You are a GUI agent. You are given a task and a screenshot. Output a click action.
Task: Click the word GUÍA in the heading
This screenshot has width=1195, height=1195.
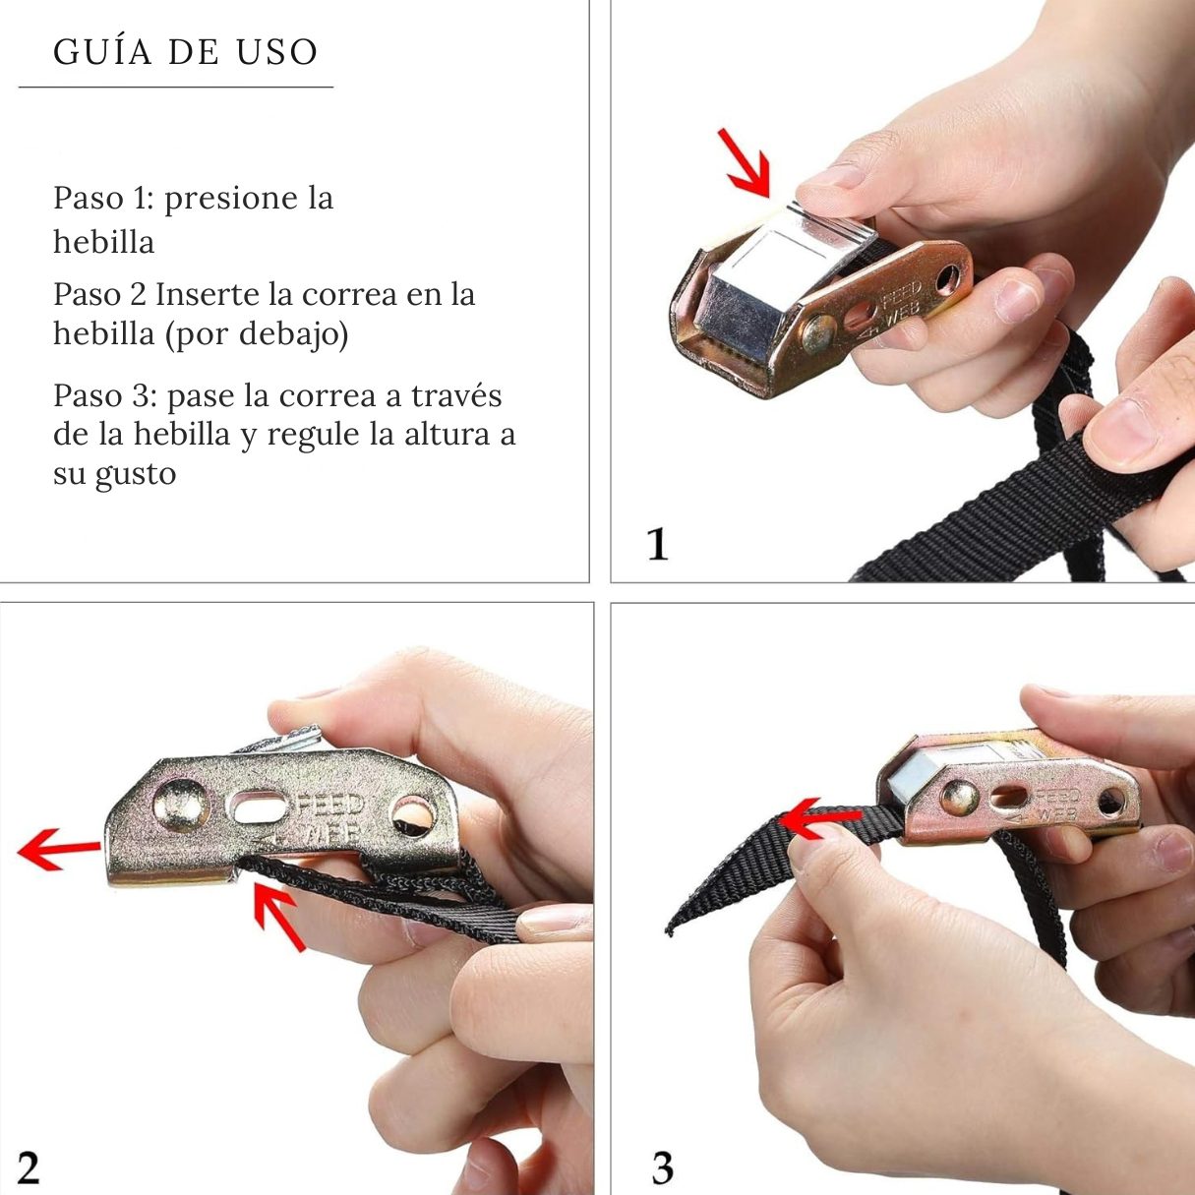[103, 51]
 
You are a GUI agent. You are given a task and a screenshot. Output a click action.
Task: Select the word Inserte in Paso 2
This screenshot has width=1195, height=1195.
[224, 294]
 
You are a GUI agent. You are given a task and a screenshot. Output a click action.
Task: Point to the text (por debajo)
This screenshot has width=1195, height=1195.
[256, 334]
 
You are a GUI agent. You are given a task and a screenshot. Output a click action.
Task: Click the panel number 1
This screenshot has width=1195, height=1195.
[657, 545]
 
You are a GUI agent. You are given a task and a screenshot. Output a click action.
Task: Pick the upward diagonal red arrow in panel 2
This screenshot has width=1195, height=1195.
[278, 917]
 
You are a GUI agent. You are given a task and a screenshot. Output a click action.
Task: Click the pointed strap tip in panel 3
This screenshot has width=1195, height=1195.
[669, 931]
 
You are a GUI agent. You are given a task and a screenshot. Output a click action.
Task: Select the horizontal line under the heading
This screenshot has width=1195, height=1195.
[176, 87]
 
